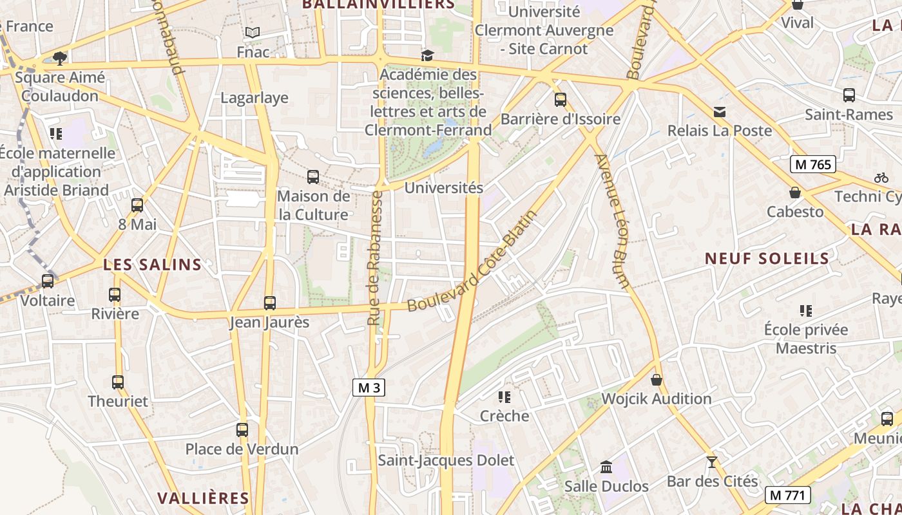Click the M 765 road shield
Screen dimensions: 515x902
click(813, 164)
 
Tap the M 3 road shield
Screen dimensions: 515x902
click(369, 388)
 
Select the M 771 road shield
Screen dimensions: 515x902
click(787, 495)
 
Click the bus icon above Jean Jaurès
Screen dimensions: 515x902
click(270, 303)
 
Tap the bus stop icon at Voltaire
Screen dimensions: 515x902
click(48, 281)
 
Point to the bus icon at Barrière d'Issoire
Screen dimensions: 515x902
click(561, 100)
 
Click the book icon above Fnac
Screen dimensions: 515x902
click(253, 32)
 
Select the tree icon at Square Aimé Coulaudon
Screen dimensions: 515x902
click(60, 59)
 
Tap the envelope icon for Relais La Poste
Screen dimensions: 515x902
click(720, 112)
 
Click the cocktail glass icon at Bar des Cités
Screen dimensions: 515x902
click(711, 462)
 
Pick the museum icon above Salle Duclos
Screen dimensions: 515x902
click(606, 467)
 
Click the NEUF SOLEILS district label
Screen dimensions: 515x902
click(767, 259)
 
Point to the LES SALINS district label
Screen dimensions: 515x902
click(153, 265)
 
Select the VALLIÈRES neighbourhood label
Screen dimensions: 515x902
click(203, 498)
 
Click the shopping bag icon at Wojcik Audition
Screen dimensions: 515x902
click(657, 380)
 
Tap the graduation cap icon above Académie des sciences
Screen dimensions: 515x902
click(428, 55)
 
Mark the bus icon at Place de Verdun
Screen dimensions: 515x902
click(242, 429)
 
